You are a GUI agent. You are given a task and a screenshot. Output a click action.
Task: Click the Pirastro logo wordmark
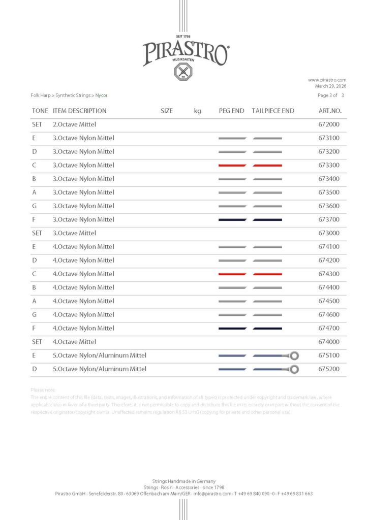185,52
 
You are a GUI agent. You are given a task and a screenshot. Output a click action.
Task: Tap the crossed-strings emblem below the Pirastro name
183,72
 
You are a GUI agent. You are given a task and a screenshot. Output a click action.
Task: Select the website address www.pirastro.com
327,80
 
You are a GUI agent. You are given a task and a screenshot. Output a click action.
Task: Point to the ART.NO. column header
330,111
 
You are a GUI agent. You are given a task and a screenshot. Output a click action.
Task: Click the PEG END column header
231,111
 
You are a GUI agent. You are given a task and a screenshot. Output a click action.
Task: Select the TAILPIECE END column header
273,111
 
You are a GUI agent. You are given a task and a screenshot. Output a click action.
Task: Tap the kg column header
197,111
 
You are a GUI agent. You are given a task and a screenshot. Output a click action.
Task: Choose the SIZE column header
167,111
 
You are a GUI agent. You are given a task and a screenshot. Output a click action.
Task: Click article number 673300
329,166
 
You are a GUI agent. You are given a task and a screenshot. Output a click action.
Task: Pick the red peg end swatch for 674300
232,274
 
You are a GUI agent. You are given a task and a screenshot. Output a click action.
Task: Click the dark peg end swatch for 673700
232,220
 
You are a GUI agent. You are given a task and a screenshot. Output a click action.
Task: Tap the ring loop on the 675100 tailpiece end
294,355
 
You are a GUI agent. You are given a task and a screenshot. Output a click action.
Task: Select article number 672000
329,124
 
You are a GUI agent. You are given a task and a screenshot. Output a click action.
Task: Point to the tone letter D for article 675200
34,369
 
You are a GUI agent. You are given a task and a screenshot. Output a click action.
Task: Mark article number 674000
329,342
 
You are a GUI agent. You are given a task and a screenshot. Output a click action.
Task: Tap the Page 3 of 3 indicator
331,95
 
